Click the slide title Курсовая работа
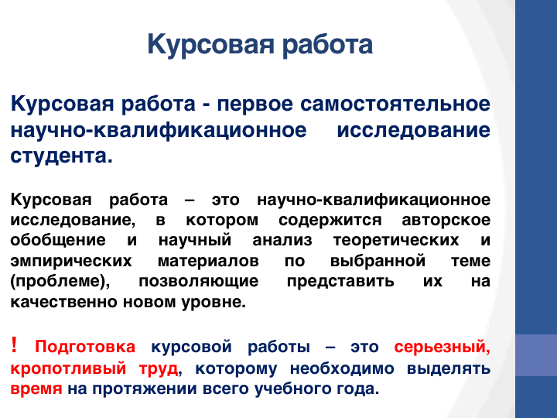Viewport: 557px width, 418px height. tap(260, 45)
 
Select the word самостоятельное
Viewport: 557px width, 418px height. tap(395, 104)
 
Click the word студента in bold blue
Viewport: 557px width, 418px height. tap(61, 156)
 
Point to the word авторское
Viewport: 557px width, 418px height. tap(446, 220)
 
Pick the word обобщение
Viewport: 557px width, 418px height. tap(58, 240)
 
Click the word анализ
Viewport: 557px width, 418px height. tap(282, 240)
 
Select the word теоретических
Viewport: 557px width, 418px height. tap(396, 241)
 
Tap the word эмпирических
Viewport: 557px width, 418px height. tap(71, 262)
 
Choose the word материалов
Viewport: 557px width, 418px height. tap(208, 262)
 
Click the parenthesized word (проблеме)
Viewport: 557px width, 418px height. tap(60, 282)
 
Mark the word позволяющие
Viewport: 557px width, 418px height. tap(199, 282)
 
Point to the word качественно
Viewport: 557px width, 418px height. tap(65, 302)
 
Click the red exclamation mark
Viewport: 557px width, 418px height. tap(14, 344)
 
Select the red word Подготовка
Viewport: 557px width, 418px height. tap(85, 347)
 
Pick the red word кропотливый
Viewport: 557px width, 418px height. tap(69, 368)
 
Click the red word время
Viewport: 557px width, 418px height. tap(36, 389)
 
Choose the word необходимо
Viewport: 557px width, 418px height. tap(342, 368)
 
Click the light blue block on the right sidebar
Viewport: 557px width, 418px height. tap(536, 355)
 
